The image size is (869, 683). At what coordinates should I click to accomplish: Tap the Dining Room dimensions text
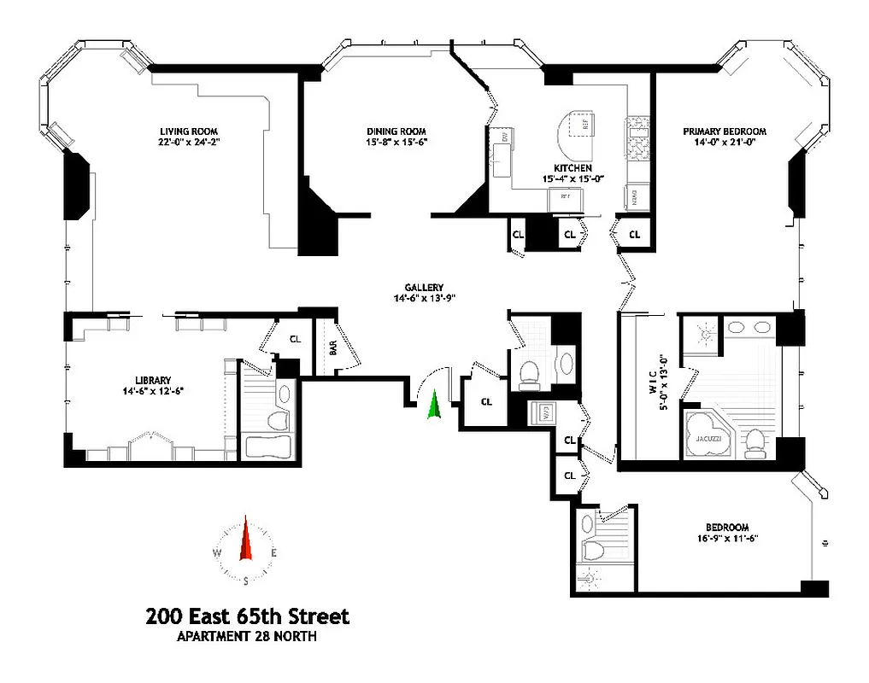coord(390,143)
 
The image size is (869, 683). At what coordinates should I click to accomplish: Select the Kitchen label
coord(572,168)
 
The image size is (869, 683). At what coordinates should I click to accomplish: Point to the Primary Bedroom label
coord(724,131)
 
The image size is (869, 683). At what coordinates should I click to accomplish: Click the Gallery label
coord(424,288)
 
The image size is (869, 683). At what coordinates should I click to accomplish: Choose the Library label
coord(153,380)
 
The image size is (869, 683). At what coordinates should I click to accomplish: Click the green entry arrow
coord(434,405)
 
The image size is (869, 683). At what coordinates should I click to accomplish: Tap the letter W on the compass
coord(218,553)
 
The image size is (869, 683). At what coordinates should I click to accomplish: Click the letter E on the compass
coord(273,553)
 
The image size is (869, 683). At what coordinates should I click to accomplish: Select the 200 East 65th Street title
coord(247,616)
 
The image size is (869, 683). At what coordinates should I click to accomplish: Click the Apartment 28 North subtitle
coord(246,636)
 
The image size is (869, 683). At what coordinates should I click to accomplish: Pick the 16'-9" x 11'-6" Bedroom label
coord(727,533)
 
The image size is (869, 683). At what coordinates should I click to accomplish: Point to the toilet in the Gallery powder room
coord(529,371)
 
